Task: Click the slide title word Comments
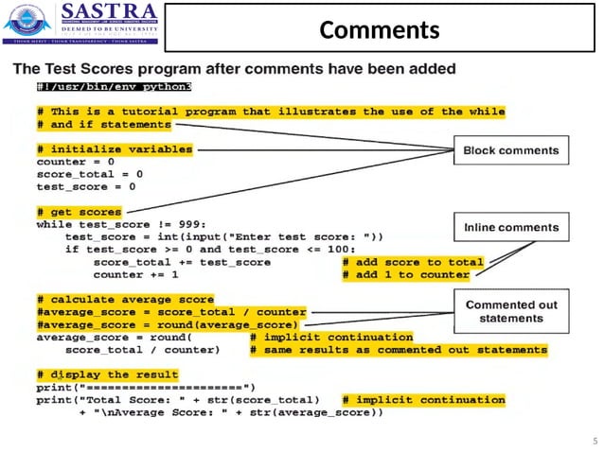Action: tap(380, 30)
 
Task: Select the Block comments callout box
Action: tap(510, 150)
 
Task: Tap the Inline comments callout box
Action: tap(511, 228)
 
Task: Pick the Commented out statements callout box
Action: tap(511, 310)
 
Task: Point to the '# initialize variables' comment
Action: tap(115, 149)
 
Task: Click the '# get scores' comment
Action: tap(79, 212)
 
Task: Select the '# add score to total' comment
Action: tap(413, 262)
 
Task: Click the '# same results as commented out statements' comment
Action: tap(399, 349)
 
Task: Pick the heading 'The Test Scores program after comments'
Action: tap(235, 69)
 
